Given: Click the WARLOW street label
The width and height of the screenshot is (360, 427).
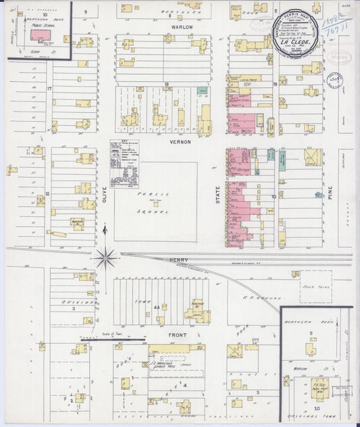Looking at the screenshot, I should click(182, 28).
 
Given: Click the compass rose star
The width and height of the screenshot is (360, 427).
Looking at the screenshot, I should click(105, 257).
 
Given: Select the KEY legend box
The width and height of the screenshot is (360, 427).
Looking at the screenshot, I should click(124, 164).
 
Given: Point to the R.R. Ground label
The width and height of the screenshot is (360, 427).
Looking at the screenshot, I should click(241, 296).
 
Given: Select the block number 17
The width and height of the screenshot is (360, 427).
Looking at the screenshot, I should click(49, 89).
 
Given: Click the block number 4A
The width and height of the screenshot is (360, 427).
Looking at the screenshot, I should click(157, 307).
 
